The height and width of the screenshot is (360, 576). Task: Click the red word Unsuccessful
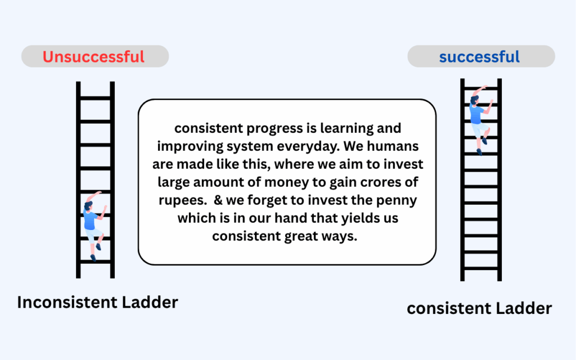coord(93,57)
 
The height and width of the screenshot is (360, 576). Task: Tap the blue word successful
coord(479,57)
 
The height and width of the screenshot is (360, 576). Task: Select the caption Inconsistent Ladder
coord(97,302)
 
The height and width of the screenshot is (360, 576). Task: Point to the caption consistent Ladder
coord(479,308)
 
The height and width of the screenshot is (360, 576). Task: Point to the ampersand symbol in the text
coord(218,200)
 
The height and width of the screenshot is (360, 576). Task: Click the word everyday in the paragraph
coord(308,146)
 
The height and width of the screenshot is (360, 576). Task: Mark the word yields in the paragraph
coord(359,218)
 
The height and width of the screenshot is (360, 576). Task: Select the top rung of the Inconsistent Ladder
coord(95,98)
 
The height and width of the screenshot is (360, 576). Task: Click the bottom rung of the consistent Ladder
coord(481,268)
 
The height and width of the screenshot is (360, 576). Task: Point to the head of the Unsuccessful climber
coord(89,205)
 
